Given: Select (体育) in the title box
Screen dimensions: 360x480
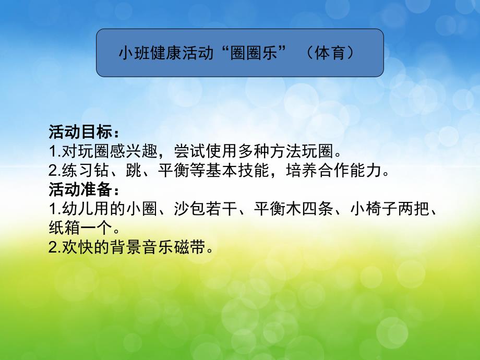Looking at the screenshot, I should pyautogui.click(x=331, y=54).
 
